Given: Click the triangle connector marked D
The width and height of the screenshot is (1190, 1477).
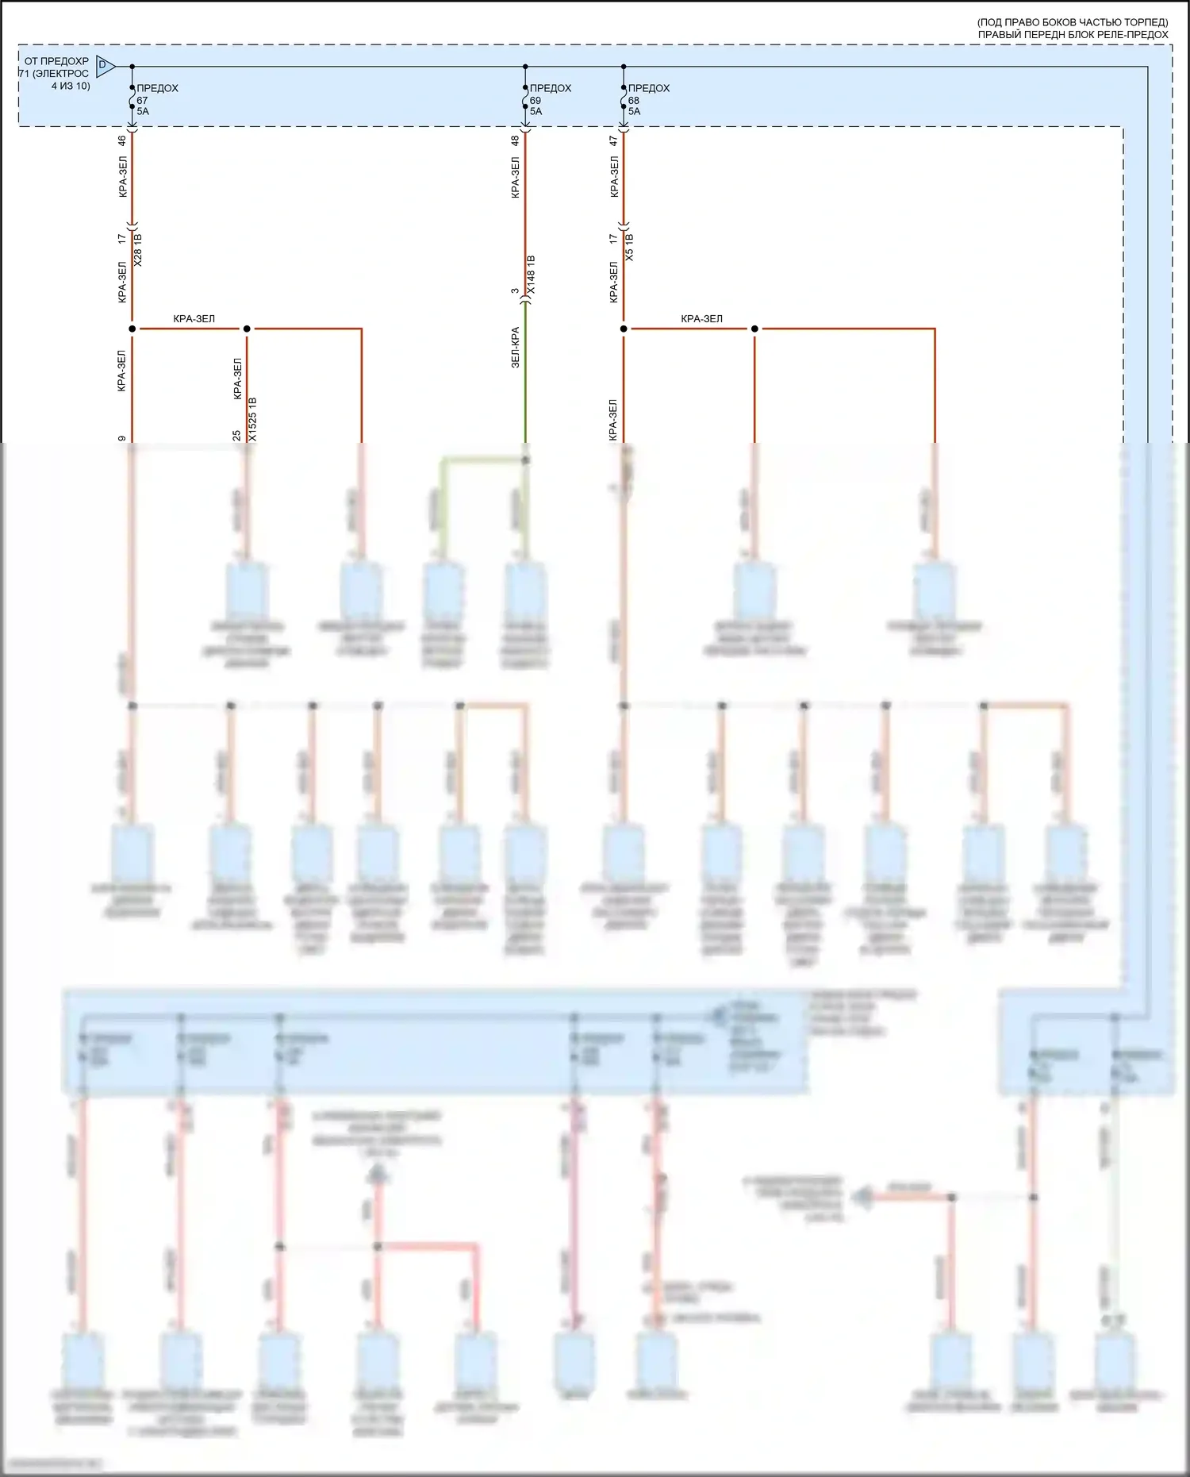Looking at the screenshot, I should click(x=104, y=65).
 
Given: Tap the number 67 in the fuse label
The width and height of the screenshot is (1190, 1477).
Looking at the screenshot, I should click(x=142, y=100).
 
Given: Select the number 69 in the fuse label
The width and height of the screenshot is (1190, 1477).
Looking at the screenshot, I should click(x=535, y=100).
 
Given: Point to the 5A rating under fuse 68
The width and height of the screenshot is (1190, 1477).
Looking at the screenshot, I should click(x=634, y=112).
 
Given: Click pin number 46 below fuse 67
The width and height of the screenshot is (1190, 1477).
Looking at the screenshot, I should click(x=121, y=140).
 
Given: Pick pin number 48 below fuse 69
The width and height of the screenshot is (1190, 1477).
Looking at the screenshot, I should click(x=515, y=140).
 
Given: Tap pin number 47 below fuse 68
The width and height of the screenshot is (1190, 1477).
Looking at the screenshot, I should click(x=613, y=140).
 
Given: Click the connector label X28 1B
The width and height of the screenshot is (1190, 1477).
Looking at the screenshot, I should click(x=137, y=248).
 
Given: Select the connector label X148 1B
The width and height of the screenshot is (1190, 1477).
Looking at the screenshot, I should click(x=531, y=275).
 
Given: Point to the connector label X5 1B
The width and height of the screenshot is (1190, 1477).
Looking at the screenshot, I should click(x=629, y=247).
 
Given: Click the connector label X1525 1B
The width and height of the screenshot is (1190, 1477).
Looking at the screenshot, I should click(x=252, y=419).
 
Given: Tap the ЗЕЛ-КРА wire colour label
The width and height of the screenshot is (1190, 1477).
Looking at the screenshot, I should click(x=515, y=347).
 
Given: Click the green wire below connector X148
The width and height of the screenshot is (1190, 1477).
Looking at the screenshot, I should click(x=525, y=381).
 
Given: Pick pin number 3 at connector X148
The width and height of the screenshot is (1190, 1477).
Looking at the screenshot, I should click(x=515, y=291).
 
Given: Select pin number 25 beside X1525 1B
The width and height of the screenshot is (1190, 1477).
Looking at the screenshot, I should click(x=236, y=436).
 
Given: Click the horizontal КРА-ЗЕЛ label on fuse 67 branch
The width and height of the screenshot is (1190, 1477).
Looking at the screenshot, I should click(x=194, y=319).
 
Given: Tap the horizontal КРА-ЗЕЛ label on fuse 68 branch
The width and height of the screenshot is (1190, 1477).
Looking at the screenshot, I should click(x=701, y=319).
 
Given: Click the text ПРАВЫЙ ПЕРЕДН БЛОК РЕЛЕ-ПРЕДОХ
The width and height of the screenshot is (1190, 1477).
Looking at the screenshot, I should click(x=1073, y=35).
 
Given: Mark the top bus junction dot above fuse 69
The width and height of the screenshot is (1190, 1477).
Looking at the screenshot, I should click(x=525, y=67).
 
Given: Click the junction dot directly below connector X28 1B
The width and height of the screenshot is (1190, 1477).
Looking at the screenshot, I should click(x=132, y=329).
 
